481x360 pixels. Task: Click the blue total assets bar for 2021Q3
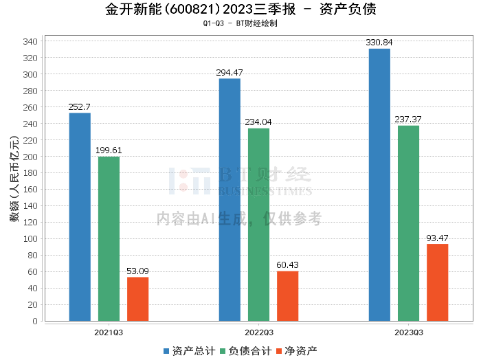click(80, 217)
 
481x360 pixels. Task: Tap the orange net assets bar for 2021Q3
click(137, 299)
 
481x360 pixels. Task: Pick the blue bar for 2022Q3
click(230, 200)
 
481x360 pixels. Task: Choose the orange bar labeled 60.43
click(287, 296)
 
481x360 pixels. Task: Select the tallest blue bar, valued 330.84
click(379, 185)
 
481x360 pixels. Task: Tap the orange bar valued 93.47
click(437, 282)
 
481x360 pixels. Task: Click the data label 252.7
click(80, 107)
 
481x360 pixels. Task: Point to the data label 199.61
click(109, 150)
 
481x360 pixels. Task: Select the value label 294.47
click(230, 73)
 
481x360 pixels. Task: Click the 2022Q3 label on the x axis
click(258, 332)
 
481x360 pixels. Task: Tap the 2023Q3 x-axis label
click(408, 332)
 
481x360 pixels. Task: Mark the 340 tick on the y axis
click(30, 41)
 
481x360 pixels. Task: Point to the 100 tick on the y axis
click(30, 239)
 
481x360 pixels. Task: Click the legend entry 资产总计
click(188, 351)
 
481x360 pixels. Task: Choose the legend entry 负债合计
click(244, 351)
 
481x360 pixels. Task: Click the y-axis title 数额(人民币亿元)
click(14, 181)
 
